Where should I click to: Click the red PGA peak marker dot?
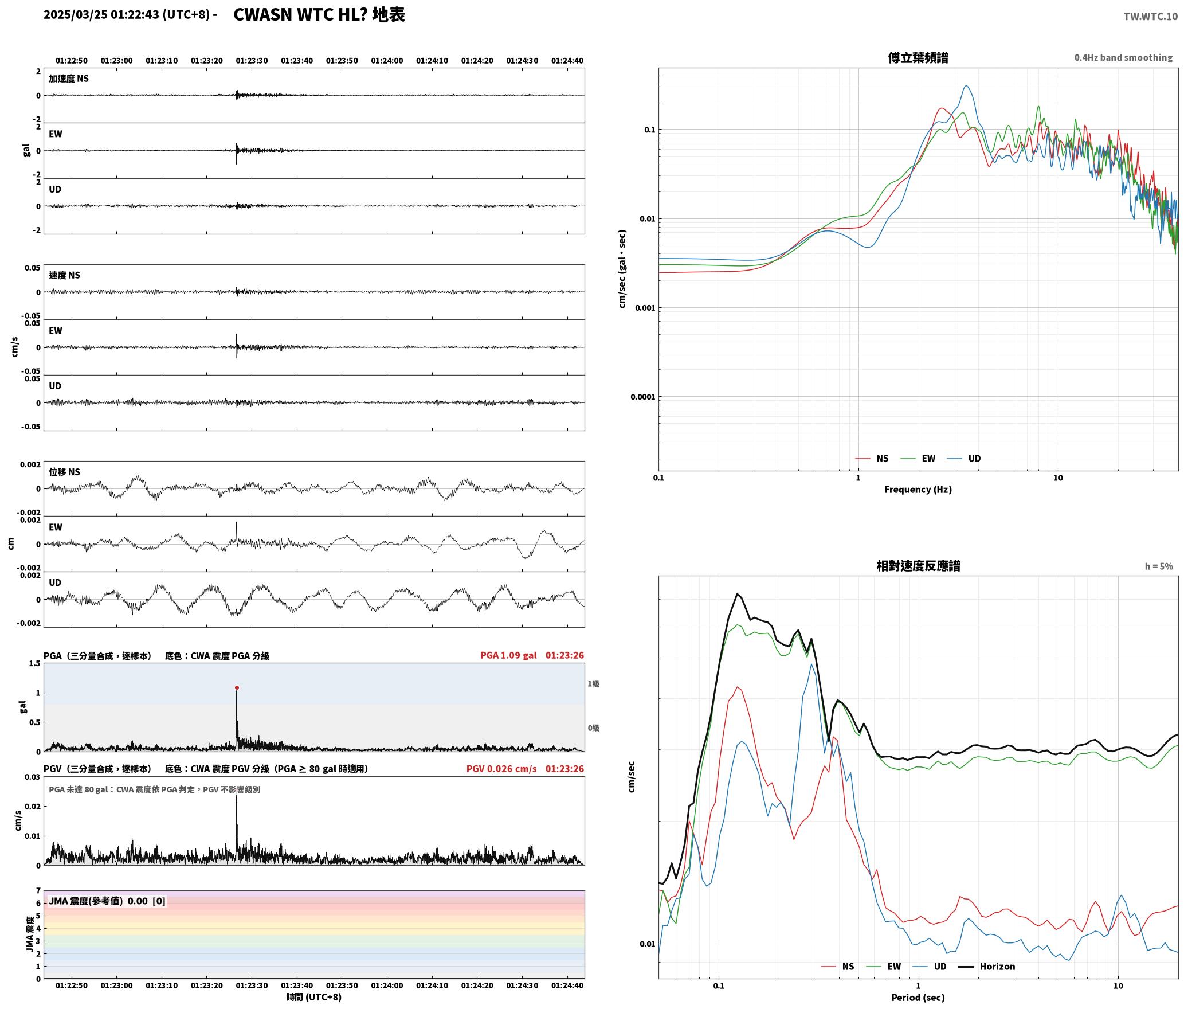[x=237, y=687]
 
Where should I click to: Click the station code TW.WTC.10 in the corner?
[x=1150, y=17]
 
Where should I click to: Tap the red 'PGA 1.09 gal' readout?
[x=508, y=655]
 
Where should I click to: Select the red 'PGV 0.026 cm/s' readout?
[x=501, y=769]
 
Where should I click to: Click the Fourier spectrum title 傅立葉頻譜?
[x=918, y=57]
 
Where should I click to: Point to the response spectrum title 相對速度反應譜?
[x=918, y=566]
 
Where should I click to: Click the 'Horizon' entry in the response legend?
[x=997, y=967]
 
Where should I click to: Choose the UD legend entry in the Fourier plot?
[x=974, y=459]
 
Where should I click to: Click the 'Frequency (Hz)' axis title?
[x=918, y=490]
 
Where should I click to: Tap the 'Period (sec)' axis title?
[x=918, y=998]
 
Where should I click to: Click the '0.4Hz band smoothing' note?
[x=1123, y=58]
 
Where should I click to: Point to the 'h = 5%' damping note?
[x=1159, y=566]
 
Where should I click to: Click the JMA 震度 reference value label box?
[x=107, y=901]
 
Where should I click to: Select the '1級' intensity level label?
[x=593, y=683]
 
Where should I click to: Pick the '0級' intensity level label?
[x=593, y=728]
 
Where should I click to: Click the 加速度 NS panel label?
[x=69, y=79]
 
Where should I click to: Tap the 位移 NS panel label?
[x=64, y=472]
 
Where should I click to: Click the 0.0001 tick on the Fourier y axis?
[x=642, y=397]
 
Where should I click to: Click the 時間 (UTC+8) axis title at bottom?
[x=314, y=997]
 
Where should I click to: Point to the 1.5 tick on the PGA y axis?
[x=34, y=663]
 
